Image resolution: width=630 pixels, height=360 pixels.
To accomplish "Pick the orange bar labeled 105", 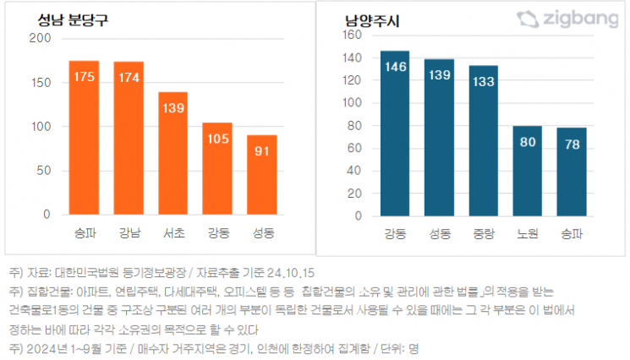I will (x=217, y=168).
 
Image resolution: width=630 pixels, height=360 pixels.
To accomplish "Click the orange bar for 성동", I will (x=261, y=174).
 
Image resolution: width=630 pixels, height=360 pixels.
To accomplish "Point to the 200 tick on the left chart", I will (x=39, y=39).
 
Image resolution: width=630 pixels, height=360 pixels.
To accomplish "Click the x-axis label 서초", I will (x=173, y=231).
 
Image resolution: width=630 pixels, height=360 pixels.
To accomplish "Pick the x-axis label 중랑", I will (x=484, y=232).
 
